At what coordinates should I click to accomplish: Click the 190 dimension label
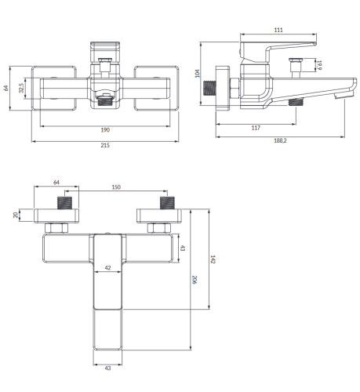[105, 130]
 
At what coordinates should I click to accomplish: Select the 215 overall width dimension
[105, 145]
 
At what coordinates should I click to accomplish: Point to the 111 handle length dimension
[278, 30]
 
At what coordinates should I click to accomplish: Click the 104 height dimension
[198, 74]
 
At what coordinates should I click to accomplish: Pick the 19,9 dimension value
[319, 65]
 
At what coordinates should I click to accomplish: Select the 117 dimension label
[256, 128]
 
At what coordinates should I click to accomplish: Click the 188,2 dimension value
[280, 140]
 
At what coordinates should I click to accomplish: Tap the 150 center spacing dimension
[116, 187]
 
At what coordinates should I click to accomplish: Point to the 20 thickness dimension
[16, 215]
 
